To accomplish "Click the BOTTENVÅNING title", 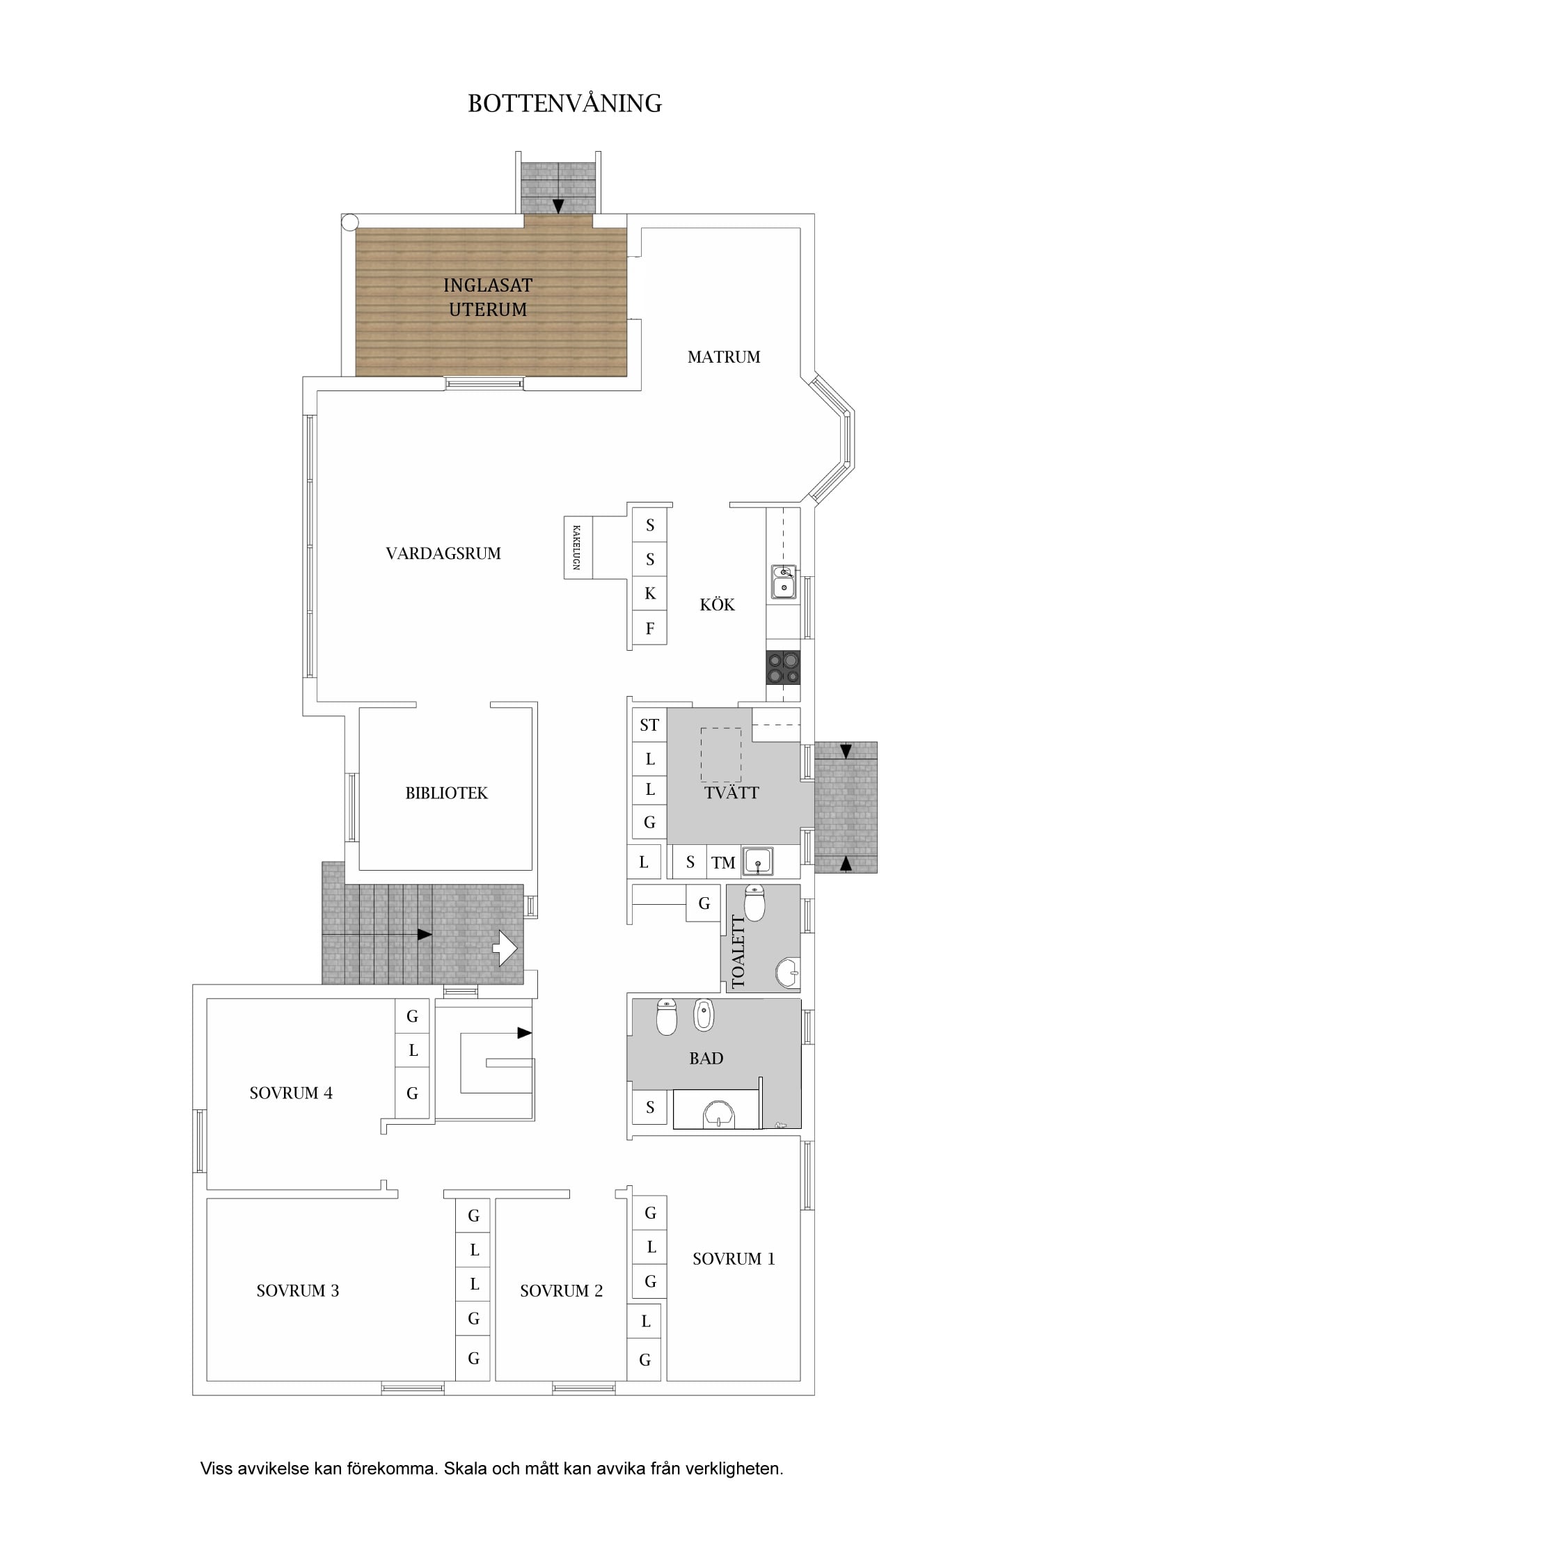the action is click(565, 104).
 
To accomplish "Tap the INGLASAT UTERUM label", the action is click(488, 297).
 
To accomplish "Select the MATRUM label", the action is click(724, 356).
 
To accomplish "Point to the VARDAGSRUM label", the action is click(443, 553).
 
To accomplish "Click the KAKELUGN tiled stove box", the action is click(578, 548).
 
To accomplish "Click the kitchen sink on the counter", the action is click(784, 582).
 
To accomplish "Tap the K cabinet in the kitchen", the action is click(649, 593).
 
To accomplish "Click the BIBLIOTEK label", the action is click(447, 793).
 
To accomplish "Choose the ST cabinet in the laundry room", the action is click(649, 725).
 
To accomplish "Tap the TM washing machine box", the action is click(724, 862).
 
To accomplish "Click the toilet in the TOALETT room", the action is click(754, 903).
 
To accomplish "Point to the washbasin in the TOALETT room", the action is click(788, 973).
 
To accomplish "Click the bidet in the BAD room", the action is click(704, 1015).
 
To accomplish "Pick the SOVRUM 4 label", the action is click(291, 1093).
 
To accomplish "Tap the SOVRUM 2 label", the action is click(562, 1291).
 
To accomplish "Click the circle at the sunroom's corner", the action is click(349, 222).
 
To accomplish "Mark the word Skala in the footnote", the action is click(465, 1469).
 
